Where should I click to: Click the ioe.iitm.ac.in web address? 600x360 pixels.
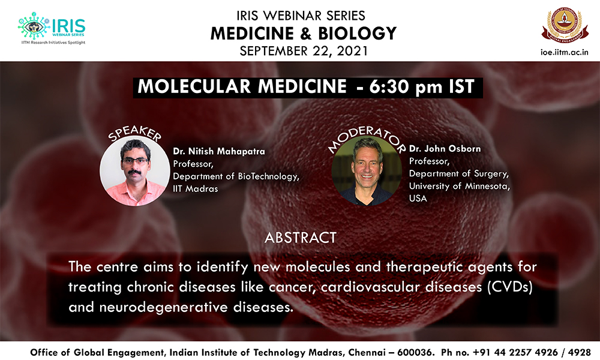pyautogui.click(x=564, y=52)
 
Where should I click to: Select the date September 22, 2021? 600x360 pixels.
pyautogui.click(x=304, y=51)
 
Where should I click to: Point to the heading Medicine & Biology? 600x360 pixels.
pyautogui.click(x=304, y=33)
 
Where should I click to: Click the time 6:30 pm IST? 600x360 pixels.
pyautogui.click(x=422, y=86)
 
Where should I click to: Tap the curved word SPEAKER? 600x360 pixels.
pyautogui.click(x=134, y=133)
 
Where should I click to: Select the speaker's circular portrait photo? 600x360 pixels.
pyautogui.click(x=134, y=171)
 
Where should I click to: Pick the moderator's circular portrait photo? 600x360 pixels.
pyautogui.click(x=367, y=171)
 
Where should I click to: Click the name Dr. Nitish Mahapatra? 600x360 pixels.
pyautogui.click(x=219, y=151)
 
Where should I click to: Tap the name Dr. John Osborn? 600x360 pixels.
pyautogui.click(x=445, y=148)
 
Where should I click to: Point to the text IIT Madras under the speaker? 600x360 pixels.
pyautogui.click(x=195, y=188)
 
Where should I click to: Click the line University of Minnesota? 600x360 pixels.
pyautogui.click(x=459, y=187)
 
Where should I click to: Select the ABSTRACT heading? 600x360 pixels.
pyautogui.click(x=301, y=238)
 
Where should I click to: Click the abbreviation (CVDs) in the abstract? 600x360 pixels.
pyautogui.click(x=509, y=287)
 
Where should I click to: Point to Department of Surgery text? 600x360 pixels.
pyautogui.click(x=459, y=173)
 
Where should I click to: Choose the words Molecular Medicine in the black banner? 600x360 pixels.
pyautogui.click(x=242, y=86)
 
